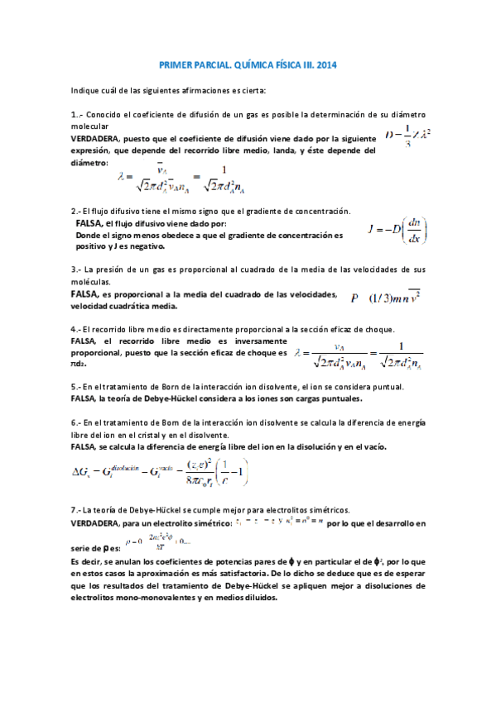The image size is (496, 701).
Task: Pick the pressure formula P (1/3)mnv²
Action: [385, 298]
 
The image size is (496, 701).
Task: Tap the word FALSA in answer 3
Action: [84, 294]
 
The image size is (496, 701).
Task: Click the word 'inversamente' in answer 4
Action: [259, 341]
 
